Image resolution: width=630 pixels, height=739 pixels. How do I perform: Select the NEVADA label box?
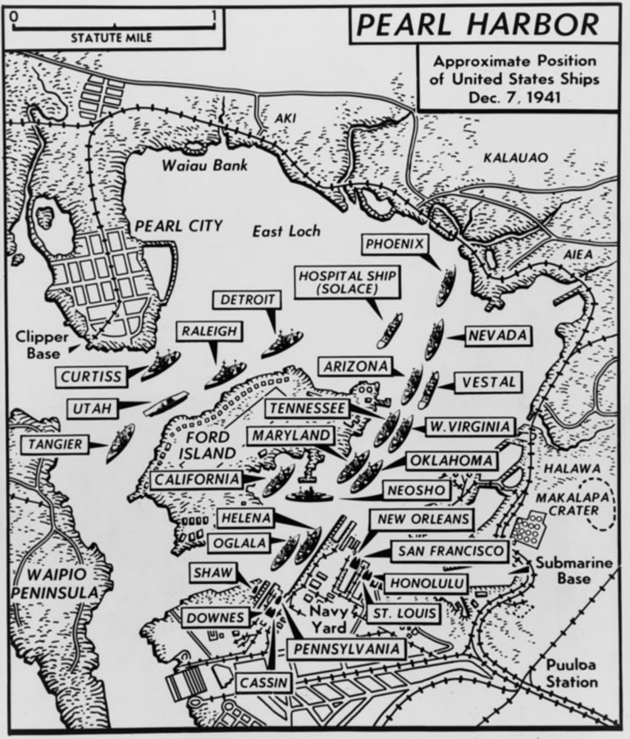(x=495, y=335)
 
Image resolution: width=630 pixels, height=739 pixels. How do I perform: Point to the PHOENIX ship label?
(x=395, y=244)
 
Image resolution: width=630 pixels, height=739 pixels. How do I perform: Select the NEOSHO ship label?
(x=415, y=490)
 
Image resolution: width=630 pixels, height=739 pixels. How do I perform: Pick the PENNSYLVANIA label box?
(x=346, y=649)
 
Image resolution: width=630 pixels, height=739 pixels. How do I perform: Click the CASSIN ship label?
(x=261, y=682)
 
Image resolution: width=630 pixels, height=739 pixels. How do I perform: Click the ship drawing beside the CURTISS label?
(x=161, y=363)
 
